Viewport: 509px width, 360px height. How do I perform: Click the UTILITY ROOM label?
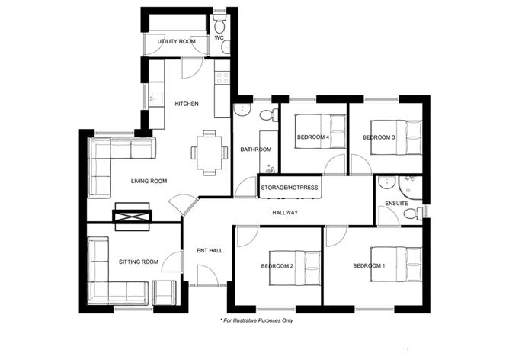pos(177,41)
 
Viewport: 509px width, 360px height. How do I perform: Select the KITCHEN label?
pos(187,104)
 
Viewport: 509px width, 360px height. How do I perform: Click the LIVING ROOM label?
pos(149,181)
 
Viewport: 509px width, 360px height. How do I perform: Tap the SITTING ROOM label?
pos(139,262)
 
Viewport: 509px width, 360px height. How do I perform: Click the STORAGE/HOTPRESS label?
pos(290,187)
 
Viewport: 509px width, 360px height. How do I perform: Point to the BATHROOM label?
pos(255,149)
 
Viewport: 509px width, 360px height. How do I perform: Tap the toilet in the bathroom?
pos(267,115)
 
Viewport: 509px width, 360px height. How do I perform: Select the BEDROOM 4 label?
pos(313,137)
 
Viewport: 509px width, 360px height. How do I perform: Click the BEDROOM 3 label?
pos(379,137)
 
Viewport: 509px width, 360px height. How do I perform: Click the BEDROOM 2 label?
pos(277,265)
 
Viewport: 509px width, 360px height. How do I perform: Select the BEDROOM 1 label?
pos(369,265)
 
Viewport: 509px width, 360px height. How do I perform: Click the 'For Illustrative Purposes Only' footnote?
pos(258,320)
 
